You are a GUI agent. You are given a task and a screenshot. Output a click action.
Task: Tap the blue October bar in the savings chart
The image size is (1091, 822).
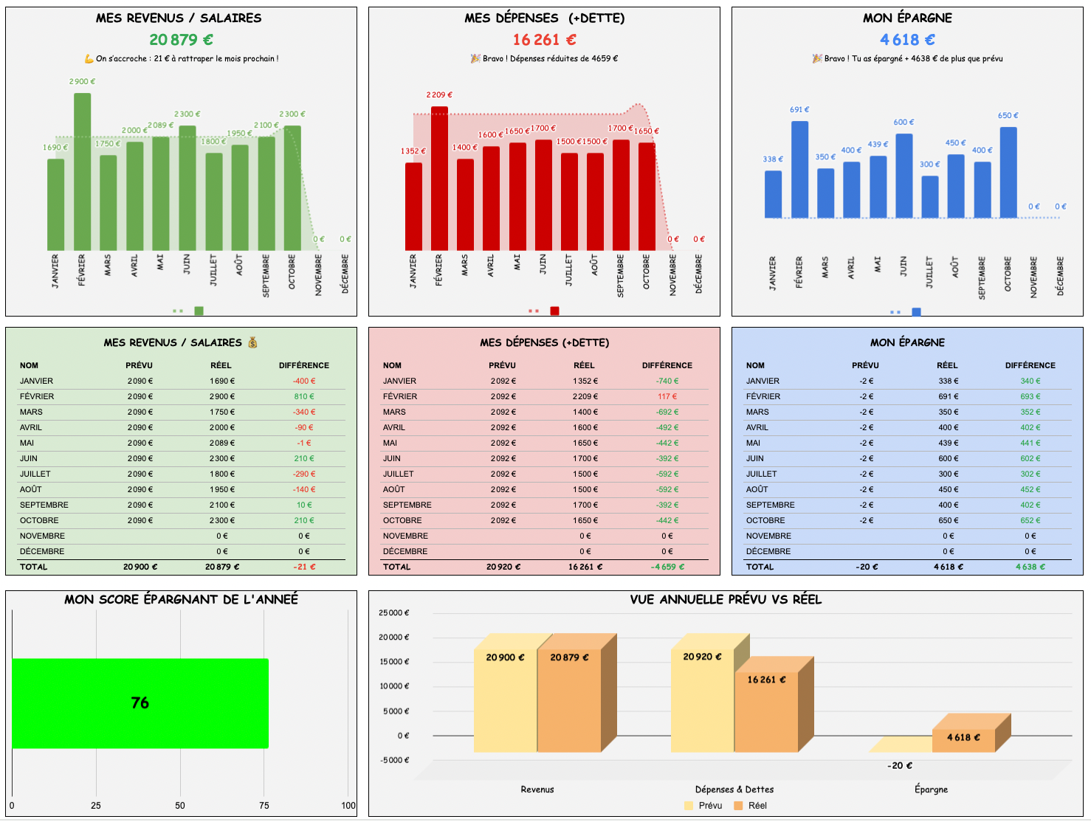click(x=1008, y=173)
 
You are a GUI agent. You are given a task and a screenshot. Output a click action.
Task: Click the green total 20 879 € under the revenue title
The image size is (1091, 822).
click(x=181, y=40)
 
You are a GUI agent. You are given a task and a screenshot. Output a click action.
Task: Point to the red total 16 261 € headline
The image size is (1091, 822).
click(x=544, y=40)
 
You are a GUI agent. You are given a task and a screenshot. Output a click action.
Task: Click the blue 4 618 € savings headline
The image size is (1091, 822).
click(x=907, y=40)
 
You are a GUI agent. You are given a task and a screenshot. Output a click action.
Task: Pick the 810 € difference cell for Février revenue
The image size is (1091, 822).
click(x=305, y=397)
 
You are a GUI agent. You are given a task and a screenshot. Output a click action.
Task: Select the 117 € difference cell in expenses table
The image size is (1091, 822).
click(x=667, y=397)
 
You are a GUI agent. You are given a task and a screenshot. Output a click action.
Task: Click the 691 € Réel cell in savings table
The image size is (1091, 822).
click(x=948, y=397)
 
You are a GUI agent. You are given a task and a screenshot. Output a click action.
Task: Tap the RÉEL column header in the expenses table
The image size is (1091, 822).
click(x=584, y=365)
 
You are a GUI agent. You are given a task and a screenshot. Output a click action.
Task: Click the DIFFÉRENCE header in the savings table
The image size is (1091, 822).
click(x=1030, y=365)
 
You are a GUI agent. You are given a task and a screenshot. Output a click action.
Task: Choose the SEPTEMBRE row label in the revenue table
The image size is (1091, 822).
click(x=44, y=505)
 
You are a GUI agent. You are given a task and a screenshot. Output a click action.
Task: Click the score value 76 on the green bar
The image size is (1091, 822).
click(x=140, y=703)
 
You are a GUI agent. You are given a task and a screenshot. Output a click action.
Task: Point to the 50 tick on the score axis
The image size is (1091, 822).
click(x=180, y=806)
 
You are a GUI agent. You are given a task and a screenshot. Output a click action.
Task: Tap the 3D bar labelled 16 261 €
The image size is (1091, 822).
click(x=766, y=708)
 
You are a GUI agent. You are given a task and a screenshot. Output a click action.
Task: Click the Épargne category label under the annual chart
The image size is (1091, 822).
click(x=931, y=790)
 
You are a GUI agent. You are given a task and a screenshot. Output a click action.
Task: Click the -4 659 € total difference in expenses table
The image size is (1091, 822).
click(x=667, y=567)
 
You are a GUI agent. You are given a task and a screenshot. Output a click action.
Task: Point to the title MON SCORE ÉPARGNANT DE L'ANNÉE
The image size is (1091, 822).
click(x=181, y=600)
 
